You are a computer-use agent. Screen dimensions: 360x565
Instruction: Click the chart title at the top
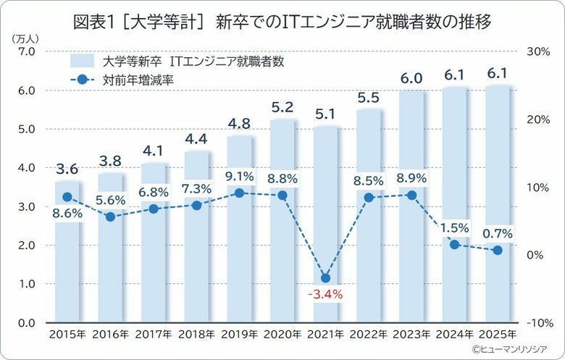pos(282,22)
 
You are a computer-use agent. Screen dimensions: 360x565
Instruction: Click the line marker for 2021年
pos(326,278)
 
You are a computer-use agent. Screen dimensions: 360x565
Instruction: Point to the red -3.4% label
pos(325,295)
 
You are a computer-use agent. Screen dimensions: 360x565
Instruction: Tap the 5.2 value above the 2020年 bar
pos(282,107)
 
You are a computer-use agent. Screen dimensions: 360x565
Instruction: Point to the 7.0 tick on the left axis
pos(27,52)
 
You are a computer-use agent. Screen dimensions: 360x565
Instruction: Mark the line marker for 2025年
pos(498,251)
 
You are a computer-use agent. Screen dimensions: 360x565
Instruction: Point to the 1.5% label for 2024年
pos(455,228)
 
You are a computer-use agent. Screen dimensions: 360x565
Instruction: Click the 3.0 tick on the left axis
pos(27,207)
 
